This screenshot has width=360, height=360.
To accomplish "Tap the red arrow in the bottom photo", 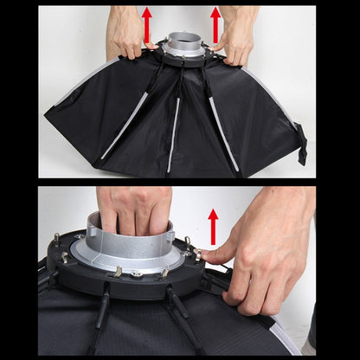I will pos(213,226).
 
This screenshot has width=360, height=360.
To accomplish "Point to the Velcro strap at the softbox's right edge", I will pos(302,144).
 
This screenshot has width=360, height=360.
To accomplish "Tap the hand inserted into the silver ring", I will pos(135,211).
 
